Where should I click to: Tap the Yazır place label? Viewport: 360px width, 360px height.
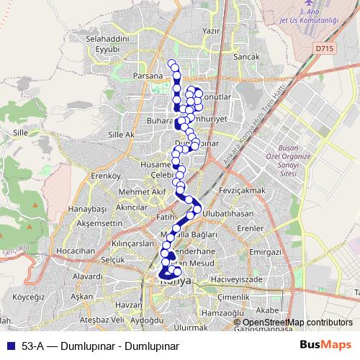[x=211, y=32]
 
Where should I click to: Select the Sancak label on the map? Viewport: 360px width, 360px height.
[x=238, y=55]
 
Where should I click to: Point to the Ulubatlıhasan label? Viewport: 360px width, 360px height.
[x=228, y=215]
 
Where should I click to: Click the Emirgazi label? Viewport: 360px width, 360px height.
[x=264, y=253]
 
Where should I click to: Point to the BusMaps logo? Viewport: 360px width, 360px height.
[x=326, y=345]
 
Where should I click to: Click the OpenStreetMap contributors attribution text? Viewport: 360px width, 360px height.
[x=297, y=323]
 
